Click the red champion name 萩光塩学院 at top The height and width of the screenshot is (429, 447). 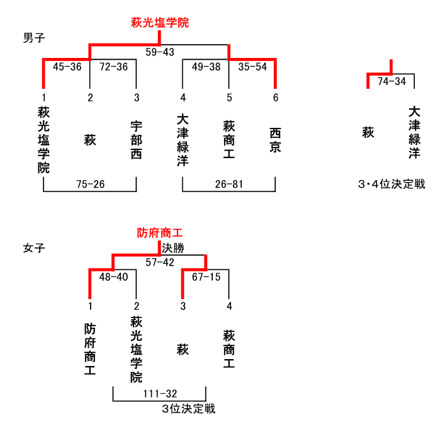[160, 23]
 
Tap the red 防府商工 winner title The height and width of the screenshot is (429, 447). [160, 232]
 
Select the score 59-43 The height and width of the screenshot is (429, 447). [160, 52]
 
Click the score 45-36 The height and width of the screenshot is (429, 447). [67, 67]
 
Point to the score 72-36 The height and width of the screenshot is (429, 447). [113, 67]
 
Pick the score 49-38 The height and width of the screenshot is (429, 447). [206, 67]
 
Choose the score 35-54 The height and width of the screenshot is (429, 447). [252, 67]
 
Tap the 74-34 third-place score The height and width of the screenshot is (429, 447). [392, 81]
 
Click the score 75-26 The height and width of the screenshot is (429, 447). [91, 185]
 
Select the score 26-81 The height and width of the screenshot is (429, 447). [229, 185]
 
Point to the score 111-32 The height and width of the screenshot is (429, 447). [160, 394]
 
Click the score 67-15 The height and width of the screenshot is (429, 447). [206, 277]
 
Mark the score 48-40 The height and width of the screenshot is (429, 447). [113, 277]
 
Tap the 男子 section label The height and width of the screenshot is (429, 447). [34, 38]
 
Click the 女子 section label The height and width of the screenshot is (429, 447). [34, 248]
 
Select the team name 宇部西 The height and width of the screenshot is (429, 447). [136, 140]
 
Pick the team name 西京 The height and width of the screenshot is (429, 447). [275, 140]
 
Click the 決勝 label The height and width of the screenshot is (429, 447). [173, 248]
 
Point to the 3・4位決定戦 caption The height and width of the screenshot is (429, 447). [392, 185]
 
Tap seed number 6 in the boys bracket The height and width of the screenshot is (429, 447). [276, 98]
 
